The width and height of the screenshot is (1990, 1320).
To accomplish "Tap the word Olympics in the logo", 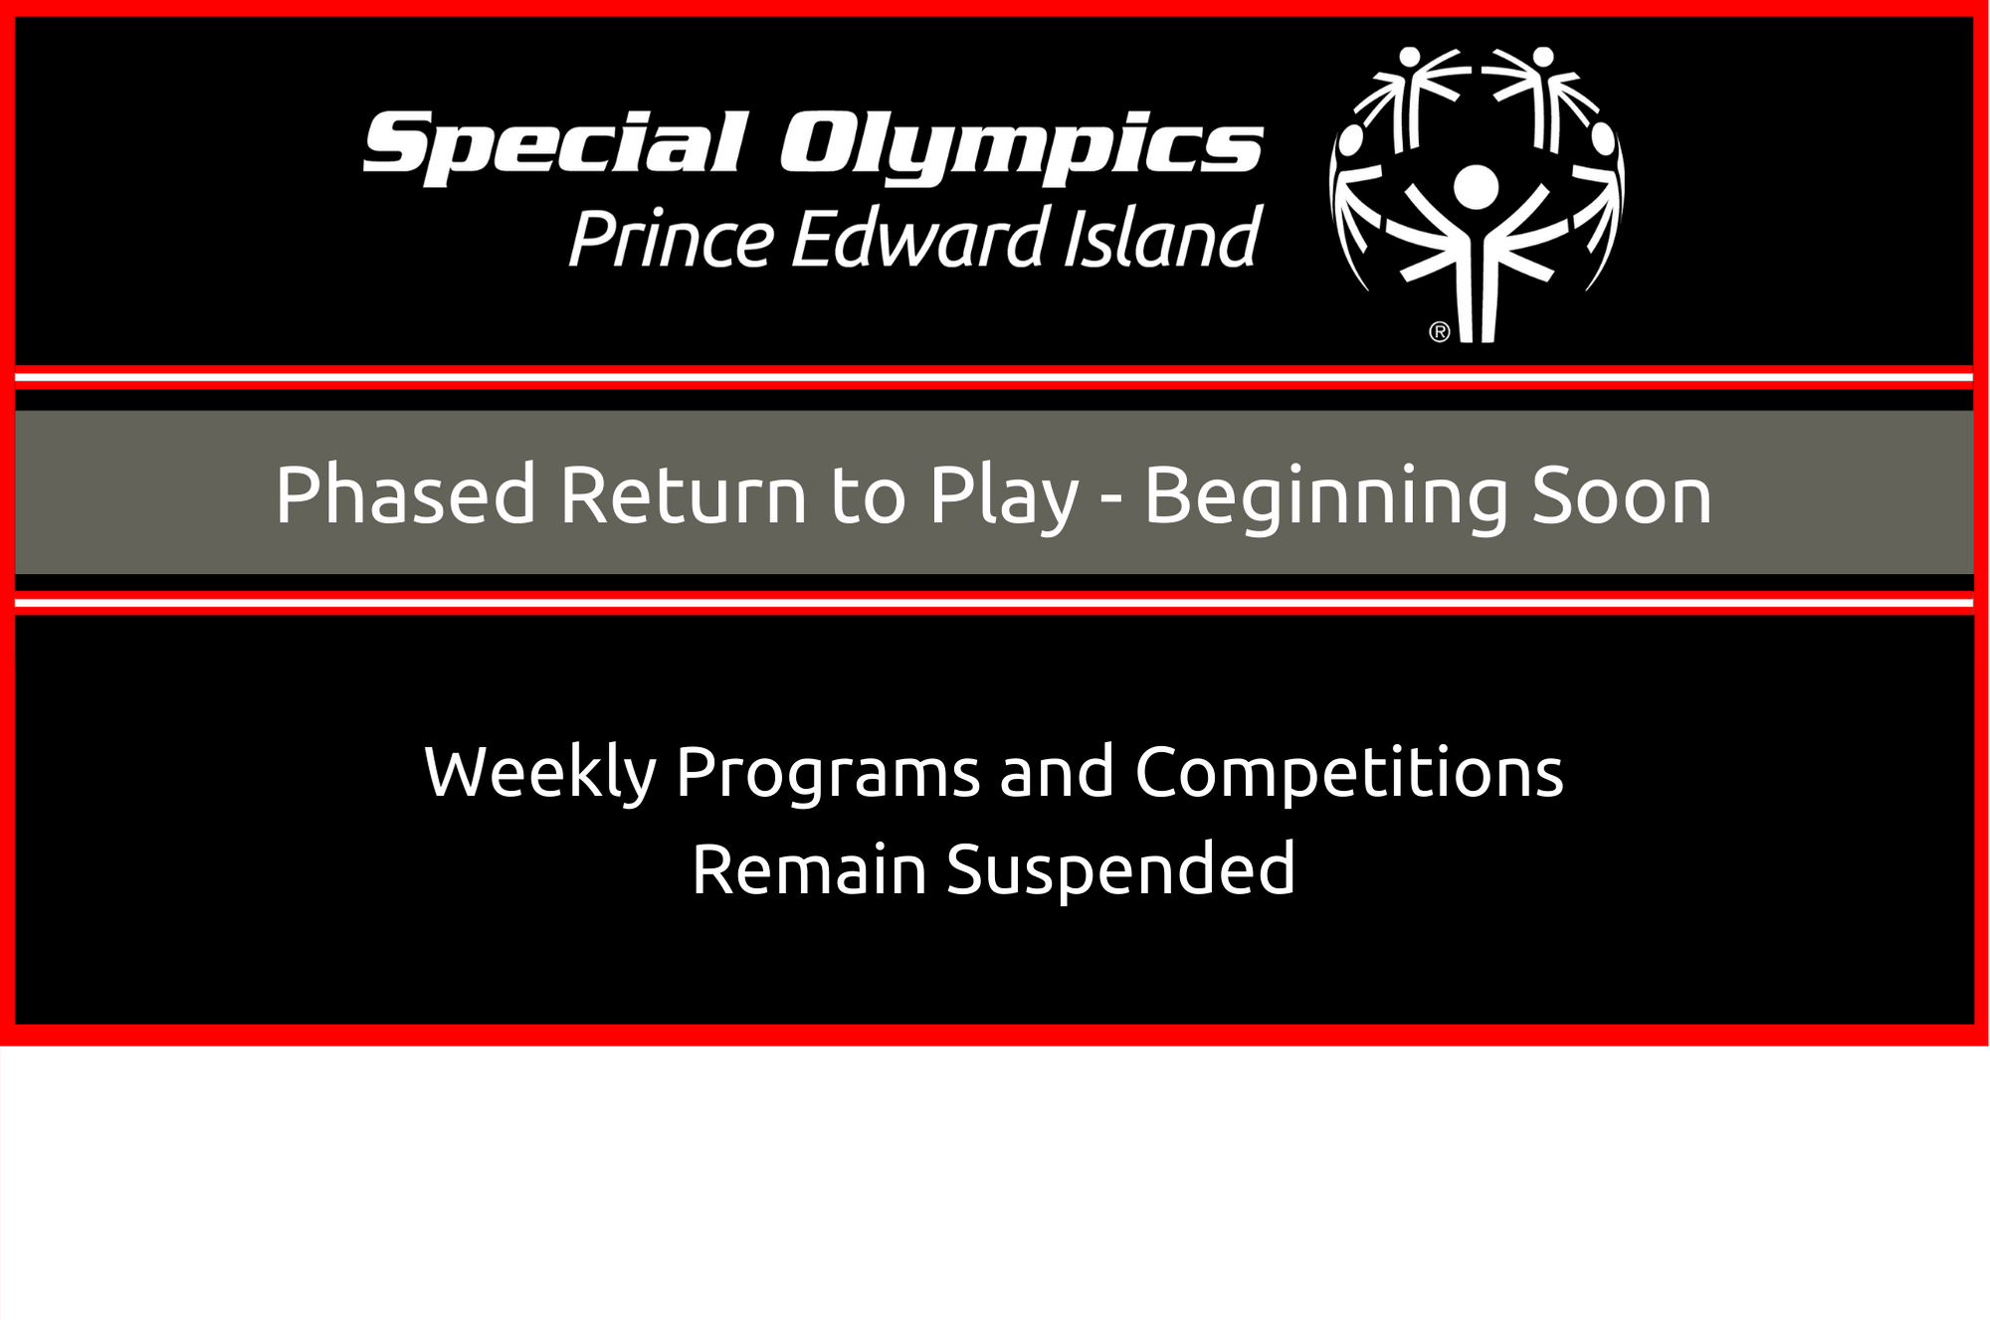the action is click(x=1022, y=148).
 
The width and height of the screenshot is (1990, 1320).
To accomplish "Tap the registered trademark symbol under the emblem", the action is click(x=1439, y=331).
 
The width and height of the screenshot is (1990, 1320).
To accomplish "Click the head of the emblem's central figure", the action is click(x=1476, y=187).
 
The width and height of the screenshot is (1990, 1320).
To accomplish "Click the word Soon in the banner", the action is click(x=1622, y=494).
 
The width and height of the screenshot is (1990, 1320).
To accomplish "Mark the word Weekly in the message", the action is click(x=540, y=773).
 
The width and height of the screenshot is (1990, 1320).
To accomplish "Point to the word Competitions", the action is click(x=1349, y=773).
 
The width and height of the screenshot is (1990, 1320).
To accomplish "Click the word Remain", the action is click(x=809, y=869).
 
